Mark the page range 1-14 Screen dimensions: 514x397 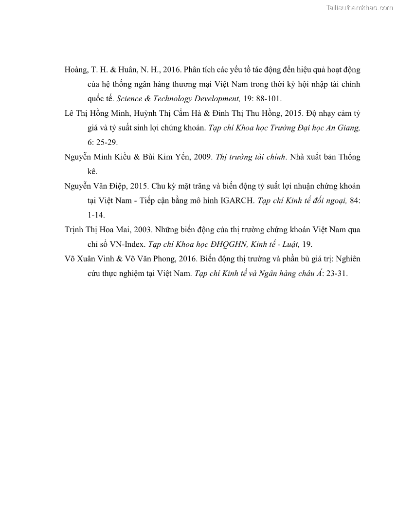[92, 215]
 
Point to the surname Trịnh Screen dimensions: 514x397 [76, 230]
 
